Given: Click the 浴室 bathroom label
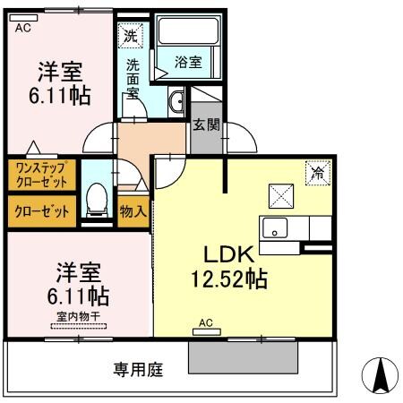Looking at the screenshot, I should (x=188, y=63).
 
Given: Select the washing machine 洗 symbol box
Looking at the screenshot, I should (x=131, y=37).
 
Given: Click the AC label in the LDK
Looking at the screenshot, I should (x=205, y=322).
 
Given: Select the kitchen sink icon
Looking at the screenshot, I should (x=275, y=227).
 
